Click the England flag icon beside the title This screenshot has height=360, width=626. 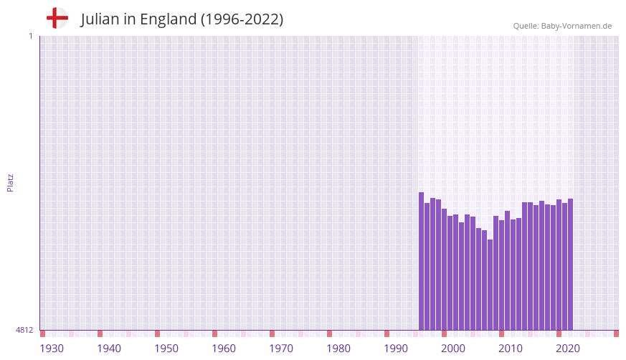(57, 19)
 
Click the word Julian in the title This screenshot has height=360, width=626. (100, 19)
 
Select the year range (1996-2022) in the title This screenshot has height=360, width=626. (242, 19)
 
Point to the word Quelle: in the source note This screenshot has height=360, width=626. (526, 26)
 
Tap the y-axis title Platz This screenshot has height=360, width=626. (10, 182)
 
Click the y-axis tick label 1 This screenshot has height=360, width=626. (30, 36)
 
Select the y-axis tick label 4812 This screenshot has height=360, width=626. (25, 330)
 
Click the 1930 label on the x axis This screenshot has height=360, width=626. (52, 349)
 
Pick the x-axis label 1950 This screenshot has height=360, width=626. (166, 349)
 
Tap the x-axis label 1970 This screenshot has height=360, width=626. (281, 349)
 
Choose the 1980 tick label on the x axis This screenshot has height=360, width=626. (338, 349)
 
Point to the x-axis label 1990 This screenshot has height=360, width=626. (396, 349)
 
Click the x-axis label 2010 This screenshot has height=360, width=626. (511, 349)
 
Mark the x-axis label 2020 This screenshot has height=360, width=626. (568, 349)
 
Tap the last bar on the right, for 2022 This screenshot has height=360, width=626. (571, 265)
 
